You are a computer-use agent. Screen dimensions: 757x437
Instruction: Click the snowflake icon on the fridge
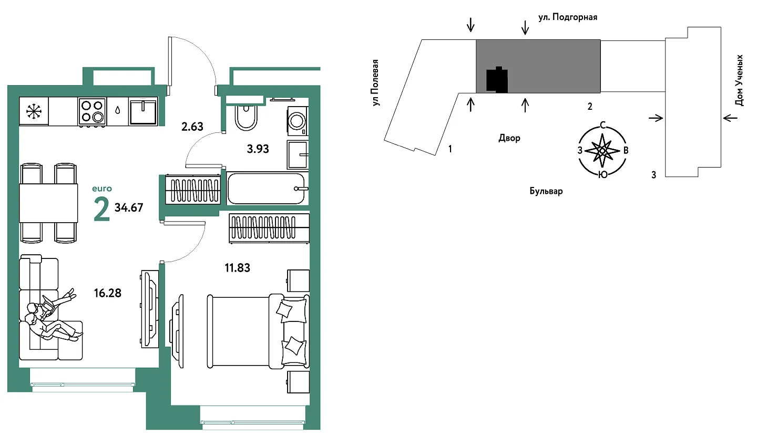[x=34, y=111]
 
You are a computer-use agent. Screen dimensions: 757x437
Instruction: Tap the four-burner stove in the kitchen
[x=93, y=112]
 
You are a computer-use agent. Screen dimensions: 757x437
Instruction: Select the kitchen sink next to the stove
[x=144, y=111]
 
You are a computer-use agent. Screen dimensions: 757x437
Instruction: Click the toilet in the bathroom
[x=245, y=117]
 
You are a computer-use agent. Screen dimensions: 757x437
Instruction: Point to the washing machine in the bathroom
[x=298, y=121]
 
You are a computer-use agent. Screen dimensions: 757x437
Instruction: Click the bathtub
[x=267, y=189]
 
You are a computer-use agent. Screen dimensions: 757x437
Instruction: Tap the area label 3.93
[x=258, y=149]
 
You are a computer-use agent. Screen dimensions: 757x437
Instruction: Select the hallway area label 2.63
[x=192, y=127]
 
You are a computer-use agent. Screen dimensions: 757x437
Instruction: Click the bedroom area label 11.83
[x=238, y=268]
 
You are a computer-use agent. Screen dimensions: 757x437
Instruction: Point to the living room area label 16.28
[x=107, y=293]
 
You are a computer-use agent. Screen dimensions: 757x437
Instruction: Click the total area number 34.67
[x=129, y=207]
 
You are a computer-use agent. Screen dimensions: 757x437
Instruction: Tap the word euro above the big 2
[x=102, y=189]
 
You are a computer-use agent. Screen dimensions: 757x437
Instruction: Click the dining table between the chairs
[x=48, y=203]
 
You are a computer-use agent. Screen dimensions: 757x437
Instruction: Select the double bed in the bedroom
[x=258, y=331]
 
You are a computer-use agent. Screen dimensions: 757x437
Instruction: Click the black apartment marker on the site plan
[x=497, y=80]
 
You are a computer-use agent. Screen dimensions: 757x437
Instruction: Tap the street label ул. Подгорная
[x=568, y=17]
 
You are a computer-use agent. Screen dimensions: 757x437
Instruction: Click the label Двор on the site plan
[x=509, y=138]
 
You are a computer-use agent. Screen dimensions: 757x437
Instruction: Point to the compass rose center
[x=602, y=151]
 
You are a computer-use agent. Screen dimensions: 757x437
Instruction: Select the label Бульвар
[x=546, y=191]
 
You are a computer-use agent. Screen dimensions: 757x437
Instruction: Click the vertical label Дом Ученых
[x=739, y=80]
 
